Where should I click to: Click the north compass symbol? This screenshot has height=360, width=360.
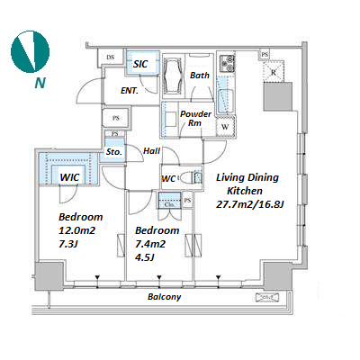pos(30,51)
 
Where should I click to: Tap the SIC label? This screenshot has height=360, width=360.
pos(140,64)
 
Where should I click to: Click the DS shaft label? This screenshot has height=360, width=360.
pos(111,57)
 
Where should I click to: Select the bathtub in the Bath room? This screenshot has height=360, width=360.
pos(173,76)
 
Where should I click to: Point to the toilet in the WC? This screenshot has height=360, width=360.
pos(191,177)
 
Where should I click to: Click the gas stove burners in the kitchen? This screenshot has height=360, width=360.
pos(227,63)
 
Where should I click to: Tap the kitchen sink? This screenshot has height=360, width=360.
pos(225,101)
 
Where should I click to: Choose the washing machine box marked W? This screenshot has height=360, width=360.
pos(225,126)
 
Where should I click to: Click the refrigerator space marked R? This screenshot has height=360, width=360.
pos(273,71)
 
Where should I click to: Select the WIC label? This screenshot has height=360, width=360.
pos(69,177)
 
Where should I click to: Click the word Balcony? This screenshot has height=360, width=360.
pos(165,297)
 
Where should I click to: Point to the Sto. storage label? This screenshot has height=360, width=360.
pos(114,152)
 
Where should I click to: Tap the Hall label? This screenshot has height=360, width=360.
pos(152,151)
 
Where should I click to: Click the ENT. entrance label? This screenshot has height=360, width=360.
pos(130,91)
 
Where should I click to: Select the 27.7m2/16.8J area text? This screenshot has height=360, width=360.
pos(250,204)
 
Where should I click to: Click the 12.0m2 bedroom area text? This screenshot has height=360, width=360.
pos(77,230)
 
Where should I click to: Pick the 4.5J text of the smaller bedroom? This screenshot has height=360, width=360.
pos(145,257)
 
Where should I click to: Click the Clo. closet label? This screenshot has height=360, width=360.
pos(170,204)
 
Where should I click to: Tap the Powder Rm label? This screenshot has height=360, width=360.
pos(195,118)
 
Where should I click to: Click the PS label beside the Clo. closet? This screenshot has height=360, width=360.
pos(187,200)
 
